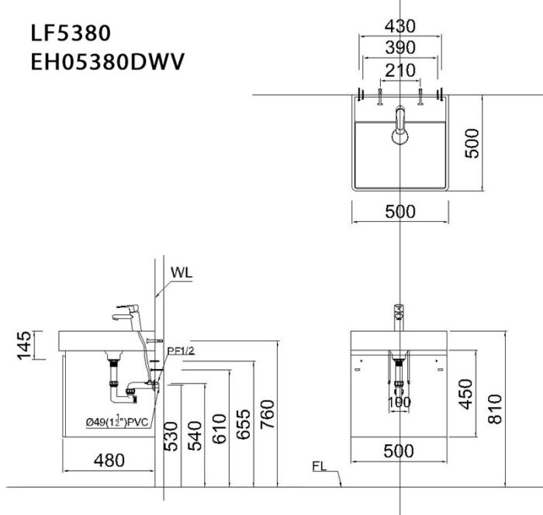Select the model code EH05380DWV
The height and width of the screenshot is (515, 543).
point(107,60)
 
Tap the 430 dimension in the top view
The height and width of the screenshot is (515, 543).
point(399,26)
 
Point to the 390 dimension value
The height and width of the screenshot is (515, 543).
point(399,47)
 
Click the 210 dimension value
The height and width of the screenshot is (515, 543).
point(399,70)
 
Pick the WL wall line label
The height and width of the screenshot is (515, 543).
point(182,273)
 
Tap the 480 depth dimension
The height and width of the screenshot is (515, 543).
point(109,460)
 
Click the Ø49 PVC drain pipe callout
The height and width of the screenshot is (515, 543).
point(117,422)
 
